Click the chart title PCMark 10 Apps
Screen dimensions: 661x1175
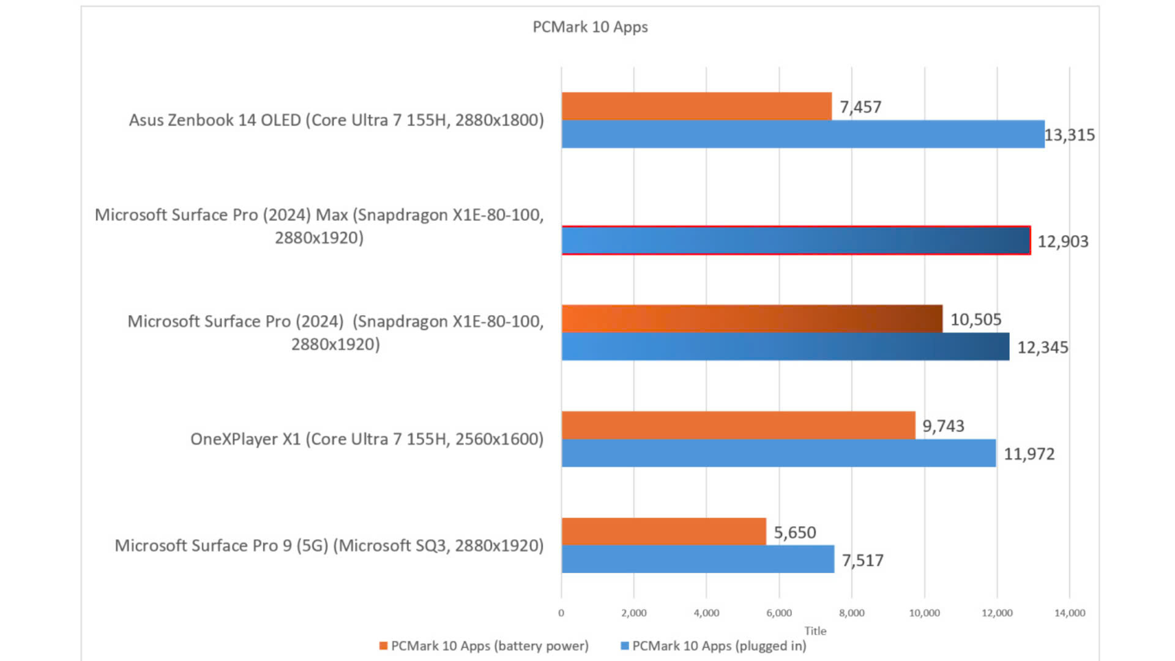[590, 27]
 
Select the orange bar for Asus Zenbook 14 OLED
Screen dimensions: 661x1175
[696, 106]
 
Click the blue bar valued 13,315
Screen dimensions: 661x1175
[803, 134]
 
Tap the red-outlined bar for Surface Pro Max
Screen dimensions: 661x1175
[796, 241]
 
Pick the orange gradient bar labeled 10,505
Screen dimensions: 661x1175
[752, 318]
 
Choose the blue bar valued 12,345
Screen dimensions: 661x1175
[785, 346]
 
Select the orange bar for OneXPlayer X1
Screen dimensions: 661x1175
[738, 425]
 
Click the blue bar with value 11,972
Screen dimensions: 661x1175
[778, 453]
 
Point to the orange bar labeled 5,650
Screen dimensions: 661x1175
[663, 531]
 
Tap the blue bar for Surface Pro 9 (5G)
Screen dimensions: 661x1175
[698, 559]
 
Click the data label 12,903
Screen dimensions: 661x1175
[1063, 241]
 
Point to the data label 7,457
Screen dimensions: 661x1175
[860, 107]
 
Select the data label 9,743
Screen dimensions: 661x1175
[943, 426]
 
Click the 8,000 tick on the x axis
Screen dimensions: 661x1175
[851, 613]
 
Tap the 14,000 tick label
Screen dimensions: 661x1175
[1069, 613]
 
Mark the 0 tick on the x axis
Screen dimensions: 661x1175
[561, 613]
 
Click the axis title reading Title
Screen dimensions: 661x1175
[815, 630]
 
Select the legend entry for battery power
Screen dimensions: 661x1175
[484, 646]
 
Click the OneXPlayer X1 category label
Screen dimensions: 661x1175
[367, 439]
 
